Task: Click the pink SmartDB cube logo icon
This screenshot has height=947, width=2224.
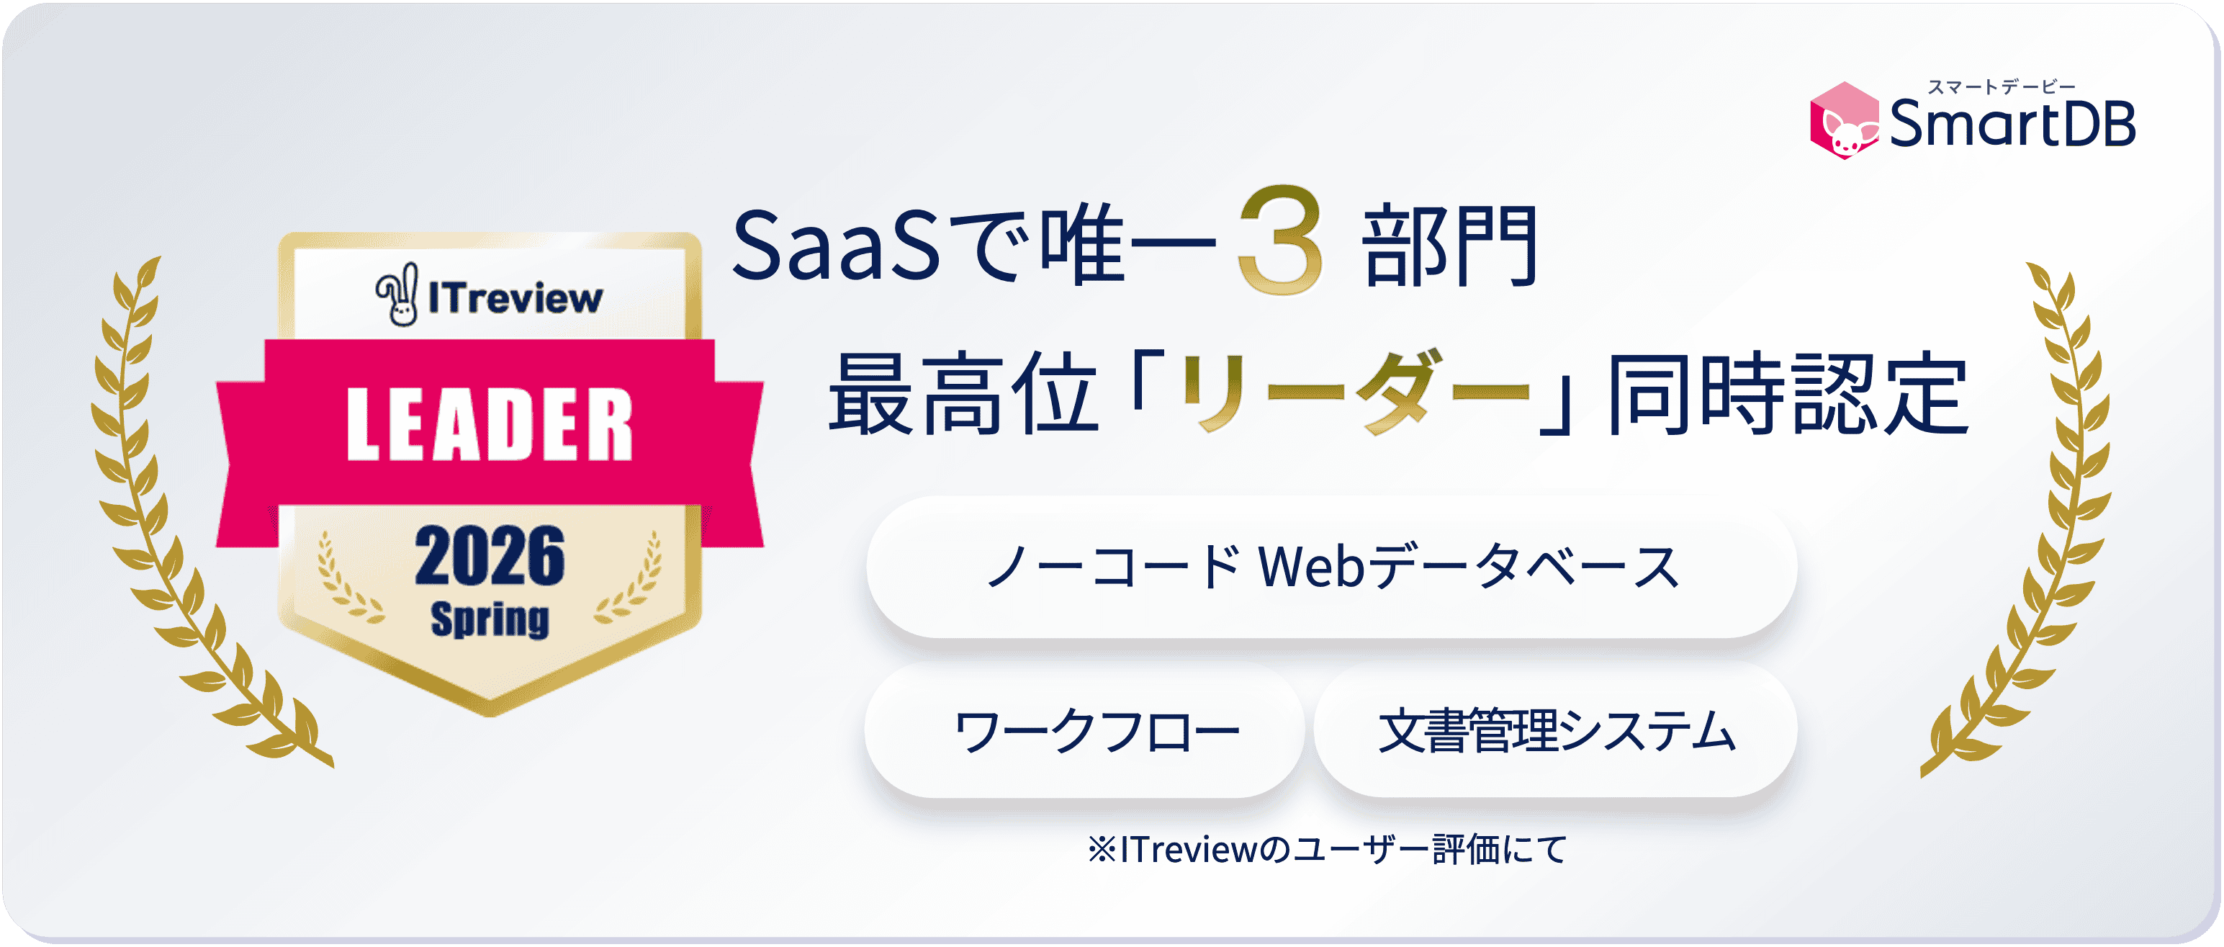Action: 1843,121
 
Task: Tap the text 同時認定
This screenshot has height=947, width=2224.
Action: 1786,395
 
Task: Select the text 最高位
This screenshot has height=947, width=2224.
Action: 963,395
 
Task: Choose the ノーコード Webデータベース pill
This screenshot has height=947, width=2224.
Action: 1331,568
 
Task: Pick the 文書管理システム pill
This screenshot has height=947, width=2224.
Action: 1555,730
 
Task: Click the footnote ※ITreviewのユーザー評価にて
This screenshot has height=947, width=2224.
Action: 1327,850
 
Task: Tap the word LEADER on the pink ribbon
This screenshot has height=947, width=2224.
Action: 490,424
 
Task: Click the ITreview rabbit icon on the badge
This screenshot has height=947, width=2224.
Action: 398,295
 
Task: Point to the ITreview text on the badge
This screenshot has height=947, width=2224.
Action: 516,299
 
